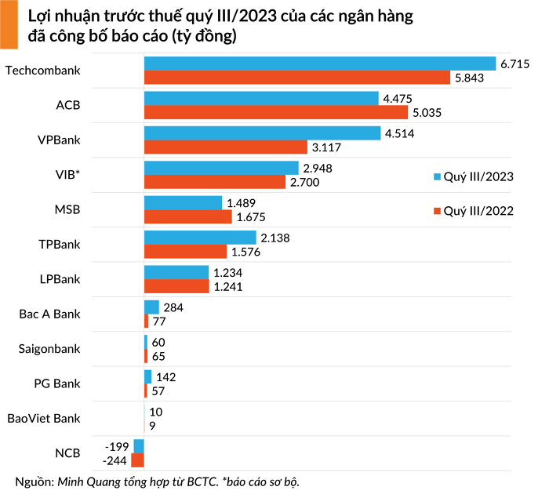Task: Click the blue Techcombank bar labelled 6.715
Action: pyautogui.click(x=320, y=64)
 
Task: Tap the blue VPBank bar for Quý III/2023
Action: pyautogui.click(x=263, y=133)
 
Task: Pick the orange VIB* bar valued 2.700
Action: pyautogui.click(x=215, y=182)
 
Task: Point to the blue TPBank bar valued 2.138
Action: pyautogui.click(x=200, y=237)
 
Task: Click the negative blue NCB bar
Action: pyautogui.click(x=139, y=445)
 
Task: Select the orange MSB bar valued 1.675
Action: pyautogui.click(x=187, y=216)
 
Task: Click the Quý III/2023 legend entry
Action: pyautogui.click(x=474, y=176)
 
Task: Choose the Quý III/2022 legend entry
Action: pyautogui.click(x=474, y=210)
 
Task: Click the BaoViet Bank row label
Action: pyautogui.click(x=44, y=418)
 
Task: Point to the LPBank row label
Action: pyautogui.click(x=60, y=279)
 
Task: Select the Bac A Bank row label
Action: pyautogui.click(x=50, y=314)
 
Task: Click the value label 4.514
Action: pyautogui.click(x=398, y=133)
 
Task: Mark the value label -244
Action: pyautogui.click(x=115, y=459)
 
